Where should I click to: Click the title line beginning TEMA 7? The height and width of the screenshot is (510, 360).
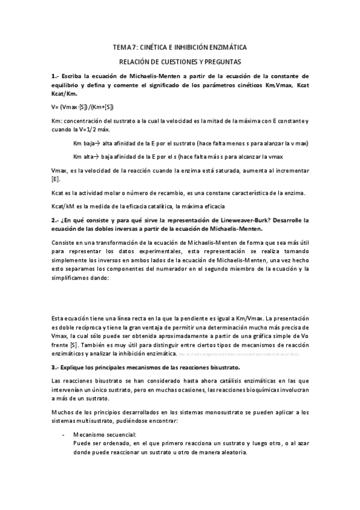pyautogui.click(x=180, y=47)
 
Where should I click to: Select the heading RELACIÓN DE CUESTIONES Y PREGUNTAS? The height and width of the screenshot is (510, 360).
pyautogui.click(x=180, y=61)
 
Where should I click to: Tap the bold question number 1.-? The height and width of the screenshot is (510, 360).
pyautogui.click(x=55, y=76)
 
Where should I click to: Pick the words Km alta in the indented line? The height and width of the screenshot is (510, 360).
pyautogui.click(x=84, y=157)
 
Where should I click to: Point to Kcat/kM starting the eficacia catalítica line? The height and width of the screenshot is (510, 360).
pyautogui.click(x=63, y=206)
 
